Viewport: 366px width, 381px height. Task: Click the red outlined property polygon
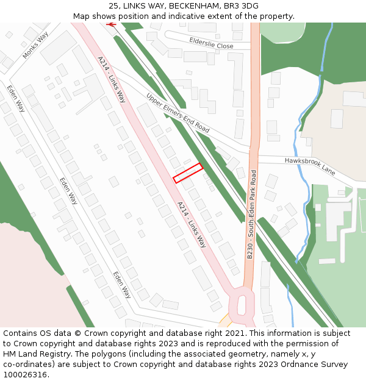188,173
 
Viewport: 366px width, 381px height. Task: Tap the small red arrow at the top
111,24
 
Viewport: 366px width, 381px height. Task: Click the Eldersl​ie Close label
211,43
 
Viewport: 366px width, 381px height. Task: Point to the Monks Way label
35,46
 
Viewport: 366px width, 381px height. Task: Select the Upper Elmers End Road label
178,113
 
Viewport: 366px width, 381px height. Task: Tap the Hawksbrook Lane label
310,165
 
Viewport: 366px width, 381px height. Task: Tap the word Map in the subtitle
81,16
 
